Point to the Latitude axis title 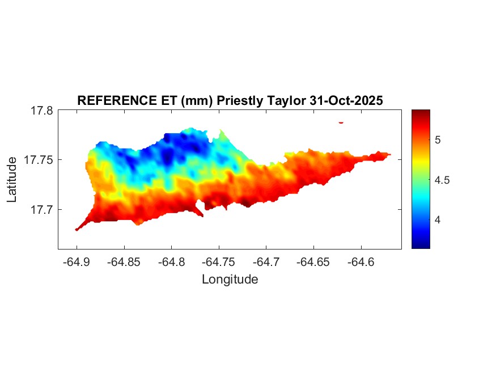tap(12, 180)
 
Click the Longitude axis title tap(230, 280)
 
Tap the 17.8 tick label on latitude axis tap(41, 111)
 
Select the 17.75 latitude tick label tap(39, 160)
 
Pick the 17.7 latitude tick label tap(41, 209)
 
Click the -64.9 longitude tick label tap(77, 262)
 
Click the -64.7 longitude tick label tap(266, 262)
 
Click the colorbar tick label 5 tap(438, 139)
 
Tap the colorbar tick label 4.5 tap(442, 180)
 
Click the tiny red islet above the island tap(341, 122)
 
